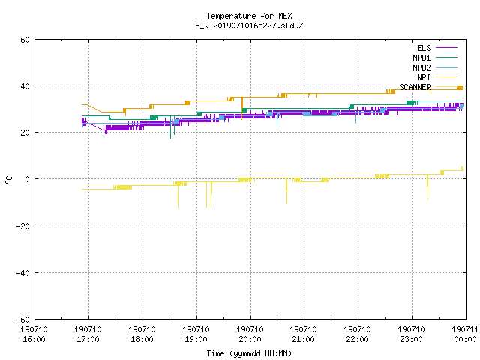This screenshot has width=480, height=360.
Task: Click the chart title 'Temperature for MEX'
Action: tap(249, 16)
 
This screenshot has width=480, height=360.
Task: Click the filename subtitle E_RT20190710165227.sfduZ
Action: tap(249, 25)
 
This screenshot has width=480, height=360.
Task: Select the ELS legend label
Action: tap(424, 48)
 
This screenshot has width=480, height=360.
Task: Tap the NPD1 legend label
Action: tap(421, 58)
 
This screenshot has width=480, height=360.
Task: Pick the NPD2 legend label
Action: tap(421, 67)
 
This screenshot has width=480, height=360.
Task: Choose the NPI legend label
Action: tap(424, 77)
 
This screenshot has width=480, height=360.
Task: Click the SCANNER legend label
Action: tap(415, 87)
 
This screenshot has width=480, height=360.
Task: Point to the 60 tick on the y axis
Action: tap(25, 40)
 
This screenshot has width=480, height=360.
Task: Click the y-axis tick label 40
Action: tap(25, 86)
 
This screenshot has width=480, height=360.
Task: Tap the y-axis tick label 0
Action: tap(28, 179)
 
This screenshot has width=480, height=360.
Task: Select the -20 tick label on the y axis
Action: tap(23, 226)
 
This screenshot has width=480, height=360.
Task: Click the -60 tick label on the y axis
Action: tap(23, 319)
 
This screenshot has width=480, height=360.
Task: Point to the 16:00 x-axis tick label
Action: tap(34, 339)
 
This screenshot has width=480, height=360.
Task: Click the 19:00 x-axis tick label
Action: tap(196, 339)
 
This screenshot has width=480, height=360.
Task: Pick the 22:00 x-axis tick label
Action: tap(357, 339)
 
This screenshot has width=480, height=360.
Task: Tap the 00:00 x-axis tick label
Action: tap(465, 339)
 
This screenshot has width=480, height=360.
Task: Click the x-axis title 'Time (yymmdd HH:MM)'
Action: tap(249, 353)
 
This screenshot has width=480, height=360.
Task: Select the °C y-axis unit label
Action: tap(8, 180)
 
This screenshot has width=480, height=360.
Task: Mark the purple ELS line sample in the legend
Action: tap(446, 48)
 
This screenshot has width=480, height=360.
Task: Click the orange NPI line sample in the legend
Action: tap(446, 77)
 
